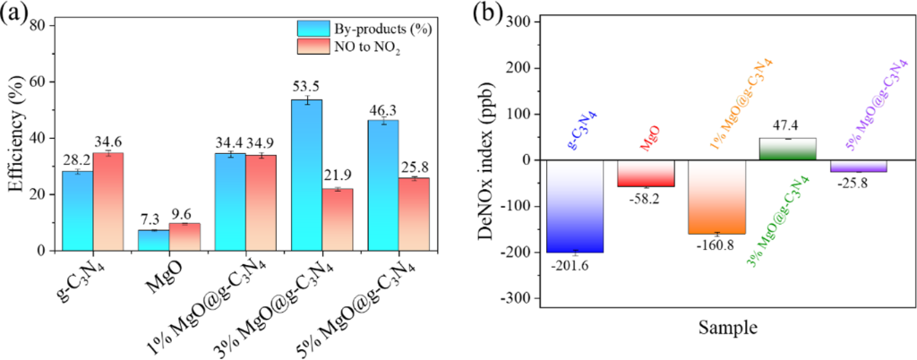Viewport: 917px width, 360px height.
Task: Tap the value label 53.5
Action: [306, 87]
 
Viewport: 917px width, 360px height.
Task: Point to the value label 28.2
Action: [77, 159]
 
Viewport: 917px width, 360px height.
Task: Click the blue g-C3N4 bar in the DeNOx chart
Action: [574, 206]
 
